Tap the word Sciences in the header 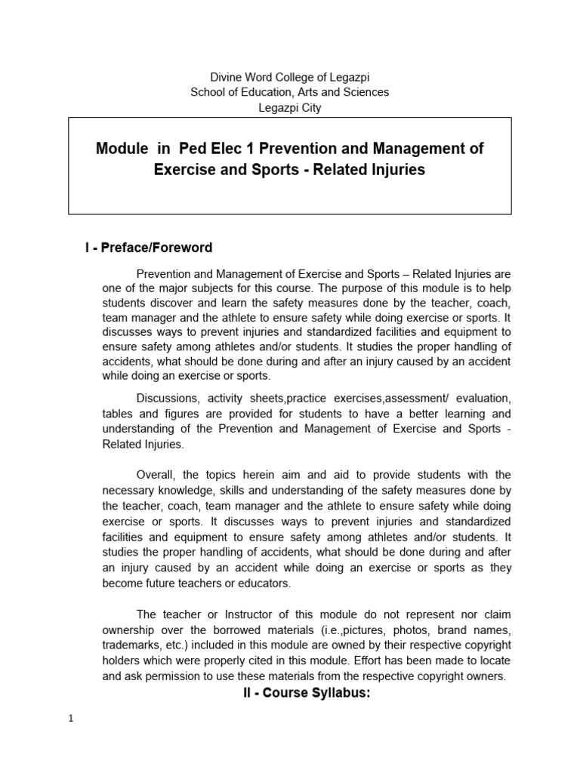tap(366, 92)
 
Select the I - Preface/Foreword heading tap(148, 248)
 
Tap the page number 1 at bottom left tap(70, 719)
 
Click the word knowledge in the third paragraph tap(188, 489)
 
